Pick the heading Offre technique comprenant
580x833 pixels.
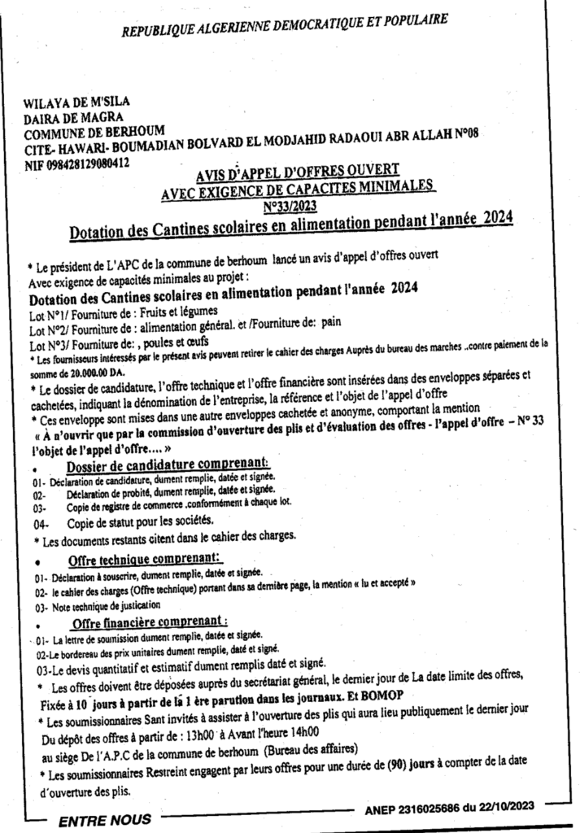point(145,560)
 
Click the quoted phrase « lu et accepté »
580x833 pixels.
point(382,584)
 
